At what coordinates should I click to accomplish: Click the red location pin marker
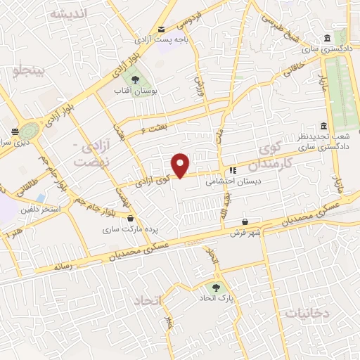181,165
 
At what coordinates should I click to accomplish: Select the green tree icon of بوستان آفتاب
134,78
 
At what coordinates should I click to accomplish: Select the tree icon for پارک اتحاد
216,287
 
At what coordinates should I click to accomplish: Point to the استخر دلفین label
40,210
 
